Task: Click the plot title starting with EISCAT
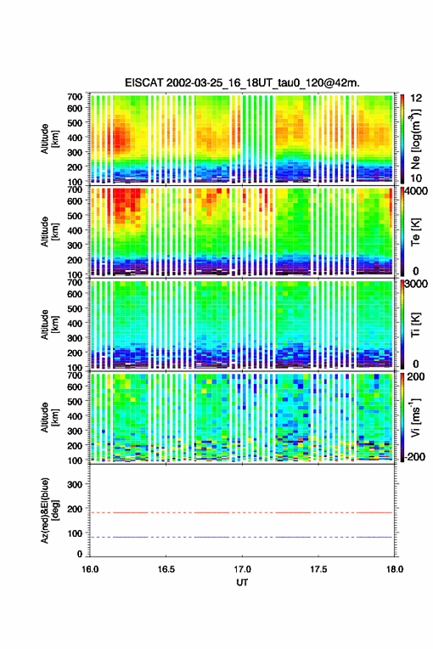(242, 83)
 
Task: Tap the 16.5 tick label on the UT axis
(166, 569)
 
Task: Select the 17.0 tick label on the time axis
(243, 569)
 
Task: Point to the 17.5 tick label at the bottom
(319, 569)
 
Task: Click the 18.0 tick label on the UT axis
(395, 569)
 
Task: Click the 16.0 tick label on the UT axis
(90, 569)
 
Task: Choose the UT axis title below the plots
(242, 583)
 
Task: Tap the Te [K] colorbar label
(415, 232)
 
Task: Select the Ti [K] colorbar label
(415, 325)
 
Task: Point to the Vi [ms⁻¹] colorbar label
(415, 417)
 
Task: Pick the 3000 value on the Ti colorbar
(415, 284)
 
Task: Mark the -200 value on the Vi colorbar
(415, 456)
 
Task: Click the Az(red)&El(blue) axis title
(49, 510)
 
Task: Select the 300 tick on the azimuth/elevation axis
(75, 484)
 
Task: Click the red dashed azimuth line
(242, 512)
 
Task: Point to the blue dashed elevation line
(242, 538)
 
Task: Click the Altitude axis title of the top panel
(49, 139)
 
